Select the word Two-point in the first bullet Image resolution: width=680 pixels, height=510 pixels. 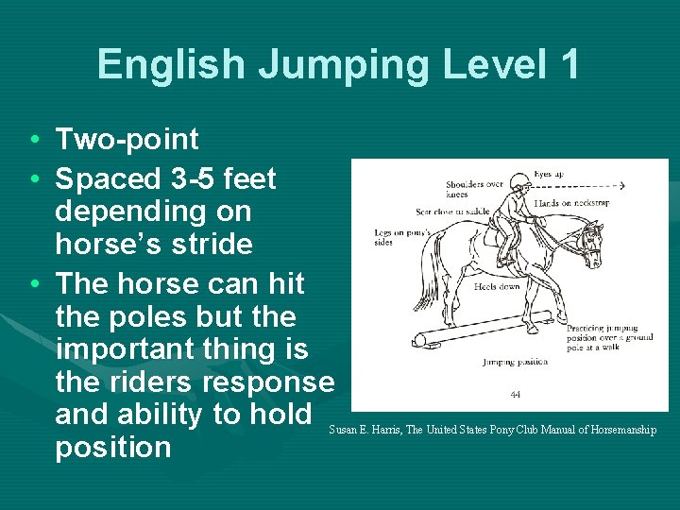pos(127,140)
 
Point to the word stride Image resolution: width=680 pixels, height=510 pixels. pos(209,245)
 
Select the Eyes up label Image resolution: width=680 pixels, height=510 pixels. pos(549,175)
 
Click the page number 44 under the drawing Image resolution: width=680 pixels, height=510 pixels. pos(516,395)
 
